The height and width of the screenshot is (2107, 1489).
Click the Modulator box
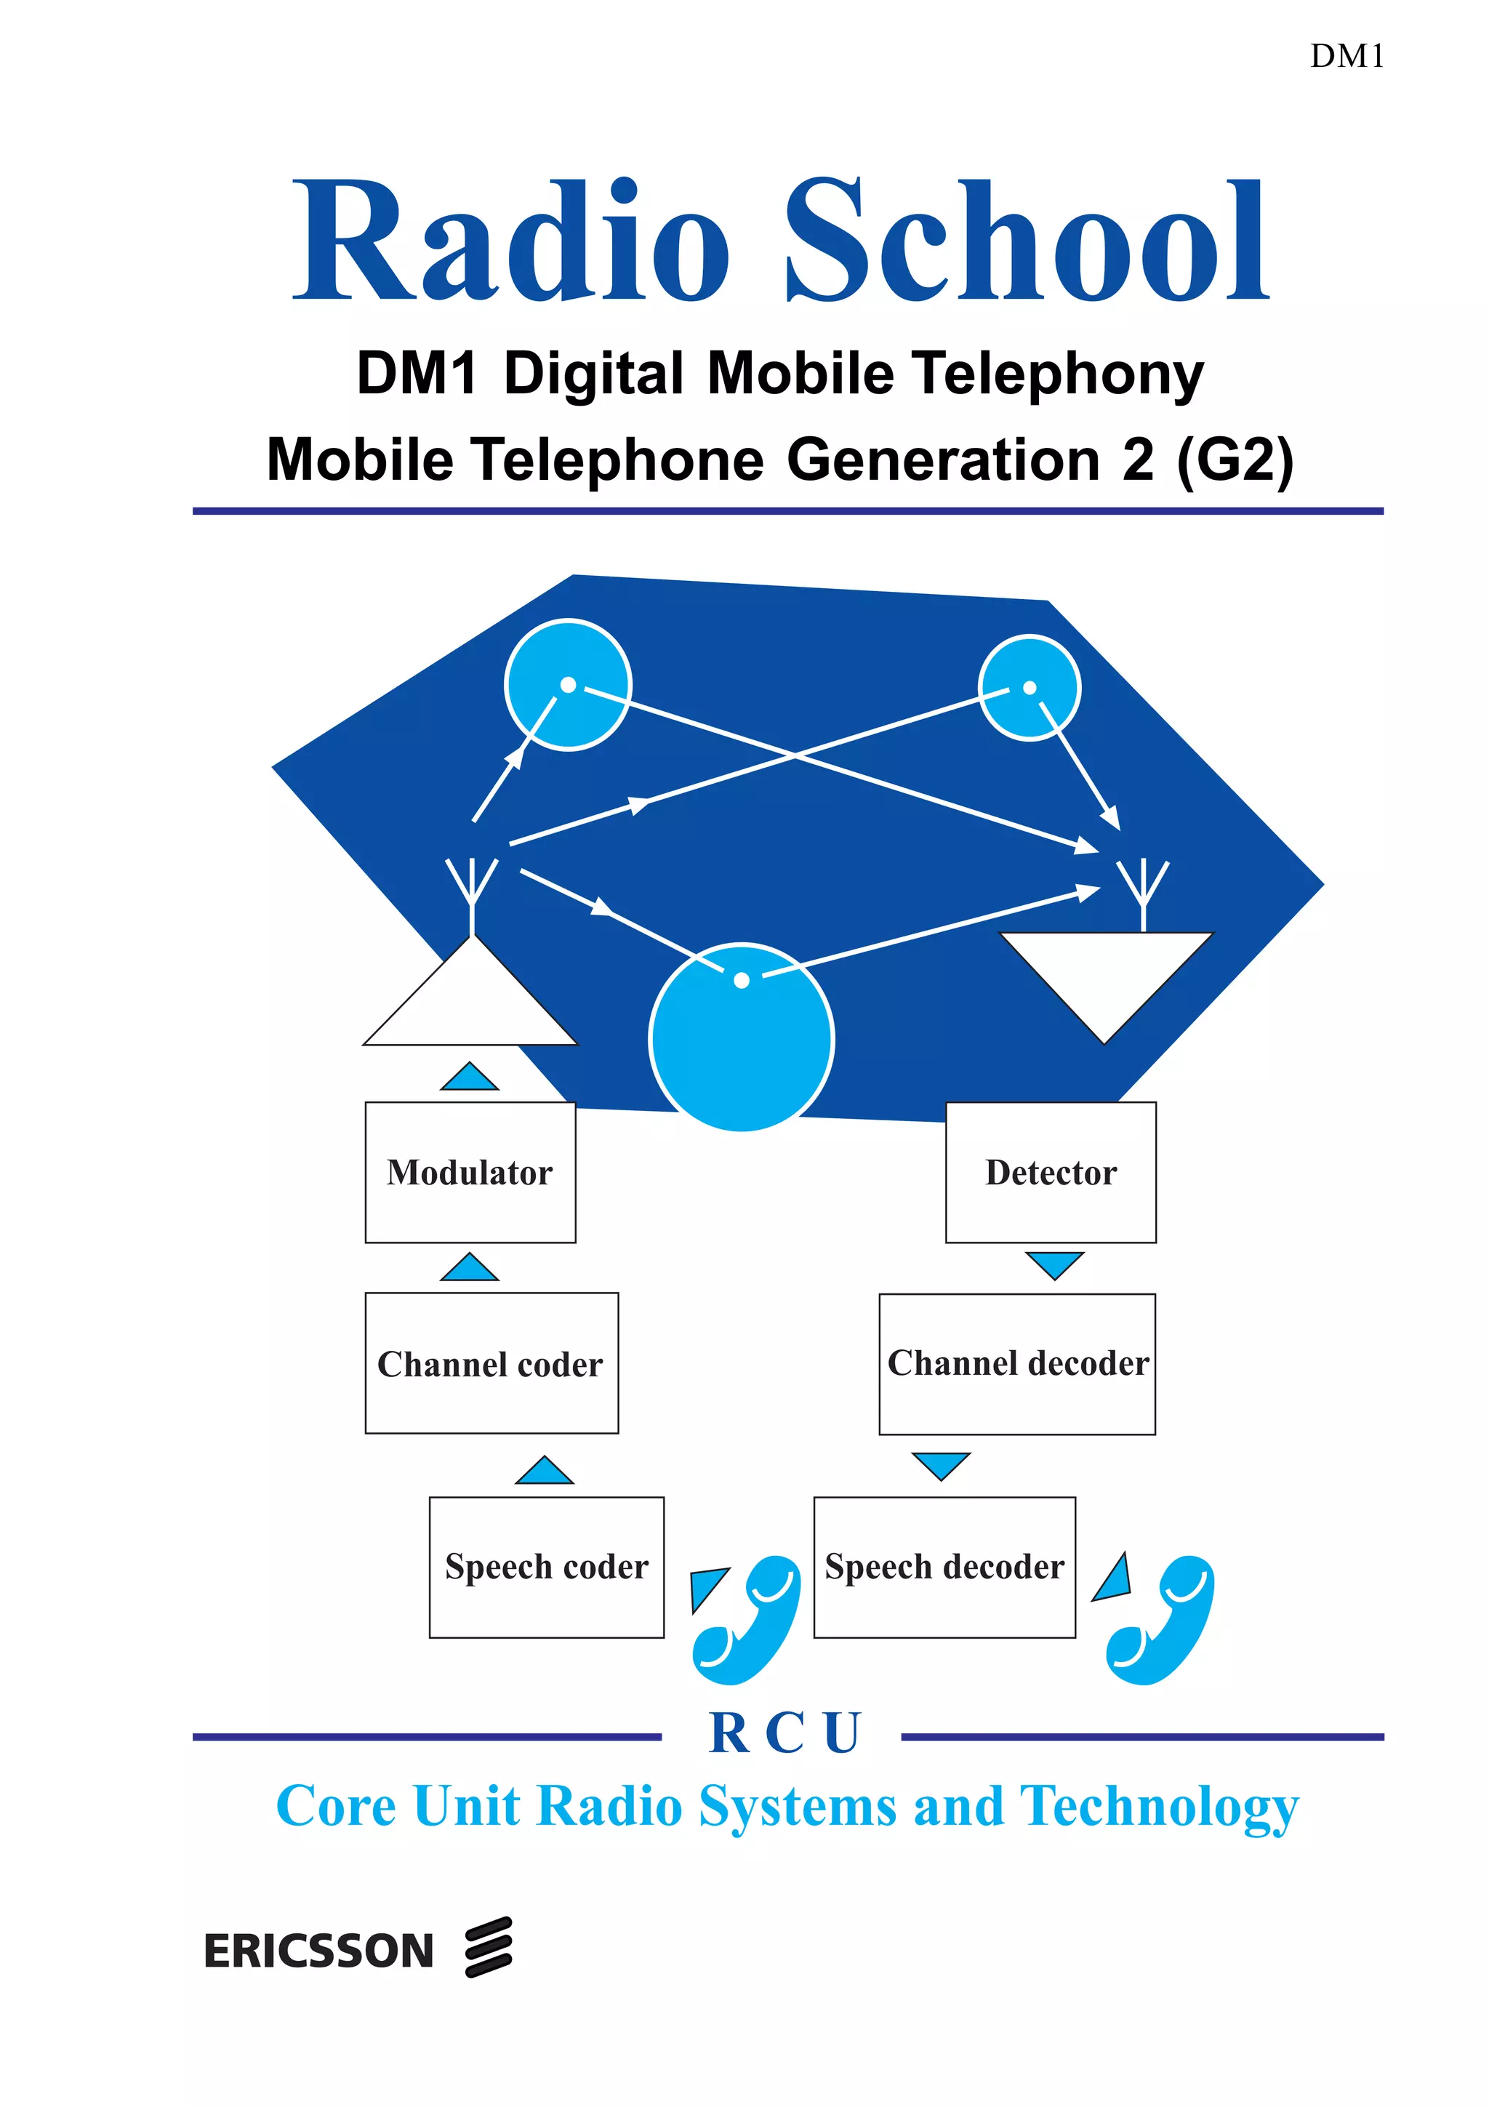coord(470,1172)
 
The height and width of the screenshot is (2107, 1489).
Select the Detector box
coord(1051,1172)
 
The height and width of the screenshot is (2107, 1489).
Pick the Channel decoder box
coord(1016,1364)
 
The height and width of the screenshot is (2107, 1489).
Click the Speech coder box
coord(546,1567)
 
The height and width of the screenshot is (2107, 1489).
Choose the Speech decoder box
coord(944,1567)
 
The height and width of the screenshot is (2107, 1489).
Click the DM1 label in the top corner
coord(1346,57)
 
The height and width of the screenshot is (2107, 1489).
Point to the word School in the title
coord(1027,241)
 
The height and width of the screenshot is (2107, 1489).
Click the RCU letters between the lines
coord(784,1733)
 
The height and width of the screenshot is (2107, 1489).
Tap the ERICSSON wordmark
coord(318,1952)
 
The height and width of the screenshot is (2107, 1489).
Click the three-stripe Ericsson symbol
coord(488,1946)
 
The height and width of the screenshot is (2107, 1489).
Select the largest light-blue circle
coord(742,1038)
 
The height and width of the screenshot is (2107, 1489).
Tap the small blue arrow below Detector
coord(1054,1264)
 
